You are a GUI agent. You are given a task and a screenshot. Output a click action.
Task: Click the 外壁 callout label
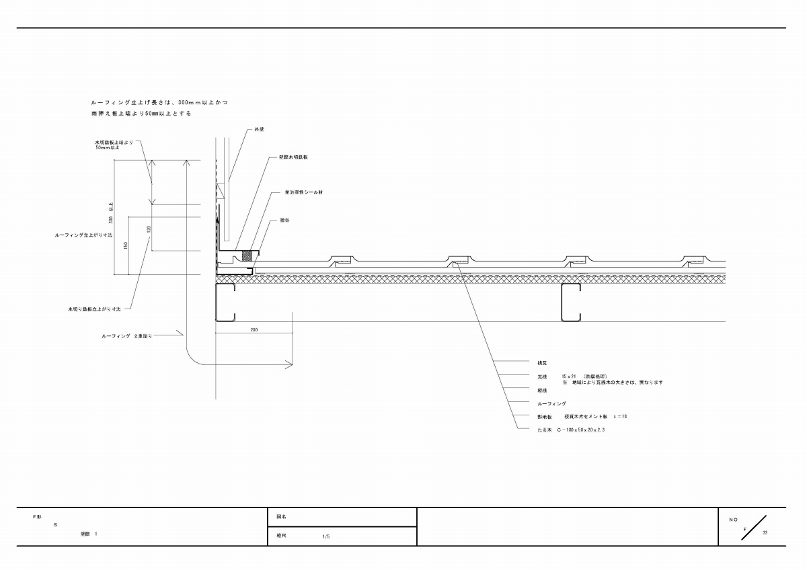[259, 128]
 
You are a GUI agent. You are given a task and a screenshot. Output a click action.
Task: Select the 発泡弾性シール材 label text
[303, 192]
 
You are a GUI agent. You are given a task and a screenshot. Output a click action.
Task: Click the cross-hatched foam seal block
[247, 255]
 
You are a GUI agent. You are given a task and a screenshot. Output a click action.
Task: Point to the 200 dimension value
[254, 330]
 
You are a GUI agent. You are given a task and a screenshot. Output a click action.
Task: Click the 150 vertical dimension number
[126, 245]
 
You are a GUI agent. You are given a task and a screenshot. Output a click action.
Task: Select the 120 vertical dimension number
[149, 229]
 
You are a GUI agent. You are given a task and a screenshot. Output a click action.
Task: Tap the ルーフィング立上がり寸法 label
[83, 236]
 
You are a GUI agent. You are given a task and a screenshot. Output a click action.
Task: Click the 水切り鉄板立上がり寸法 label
[94, 309]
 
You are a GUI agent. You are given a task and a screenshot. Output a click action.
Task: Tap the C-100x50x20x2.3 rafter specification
[581, 429]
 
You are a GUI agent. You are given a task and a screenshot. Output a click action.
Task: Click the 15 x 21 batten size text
[570, 376]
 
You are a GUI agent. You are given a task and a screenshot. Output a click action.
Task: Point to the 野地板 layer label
[544, 417]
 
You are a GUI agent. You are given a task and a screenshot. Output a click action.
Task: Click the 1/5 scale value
[325, 536]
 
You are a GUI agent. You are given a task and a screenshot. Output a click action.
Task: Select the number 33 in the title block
[765, 532]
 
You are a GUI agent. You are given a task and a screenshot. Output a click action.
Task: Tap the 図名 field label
[282, 517]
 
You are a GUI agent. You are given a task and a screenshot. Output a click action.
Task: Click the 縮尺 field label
[282, 536]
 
